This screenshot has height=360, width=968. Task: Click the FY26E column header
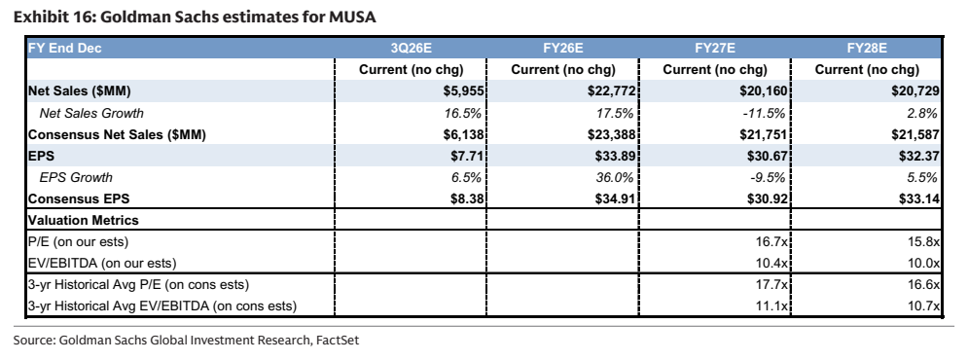click(x=563, y=49)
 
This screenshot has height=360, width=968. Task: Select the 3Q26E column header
click(x=412, y=49)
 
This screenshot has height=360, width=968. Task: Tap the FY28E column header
click(x=867, y=49)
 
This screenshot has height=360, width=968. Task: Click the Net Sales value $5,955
click(x=463, y=91)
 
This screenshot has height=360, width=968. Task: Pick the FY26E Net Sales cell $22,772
click(x=611, y=91)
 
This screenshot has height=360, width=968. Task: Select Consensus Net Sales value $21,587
click(x=914, y=134)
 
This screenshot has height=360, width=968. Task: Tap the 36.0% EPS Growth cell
click(x=615, y=178)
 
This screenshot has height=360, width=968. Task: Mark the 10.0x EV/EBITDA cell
click(x=923, y=263)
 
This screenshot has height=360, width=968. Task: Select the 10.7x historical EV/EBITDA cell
click(x=923, y=306)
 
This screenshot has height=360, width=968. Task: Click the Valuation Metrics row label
click(x=84, y=221)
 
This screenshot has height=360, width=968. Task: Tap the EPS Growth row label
click(x=76, y=178)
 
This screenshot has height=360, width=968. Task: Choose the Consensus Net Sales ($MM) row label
click(x=118, y=134)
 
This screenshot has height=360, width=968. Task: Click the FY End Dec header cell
click(x=65, y=49)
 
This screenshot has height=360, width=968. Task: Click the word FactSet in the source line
click(x=337, y=340)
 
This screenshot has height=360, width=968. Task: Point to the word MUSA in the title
click(x=352, y=17)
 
